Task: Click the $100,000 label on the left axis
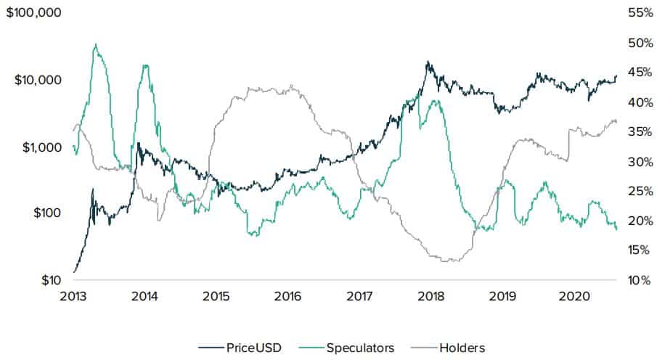[x=33, y=13]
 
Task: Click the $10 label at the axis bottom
[x=48, y=280]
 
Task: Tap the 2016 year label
[x=288, y=296]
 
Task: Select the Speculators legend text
[x=360, y=348]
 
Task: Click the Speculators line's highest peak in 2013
[x=96, y=44]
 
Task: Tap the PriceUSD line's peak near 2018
[x=428, y=62]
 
